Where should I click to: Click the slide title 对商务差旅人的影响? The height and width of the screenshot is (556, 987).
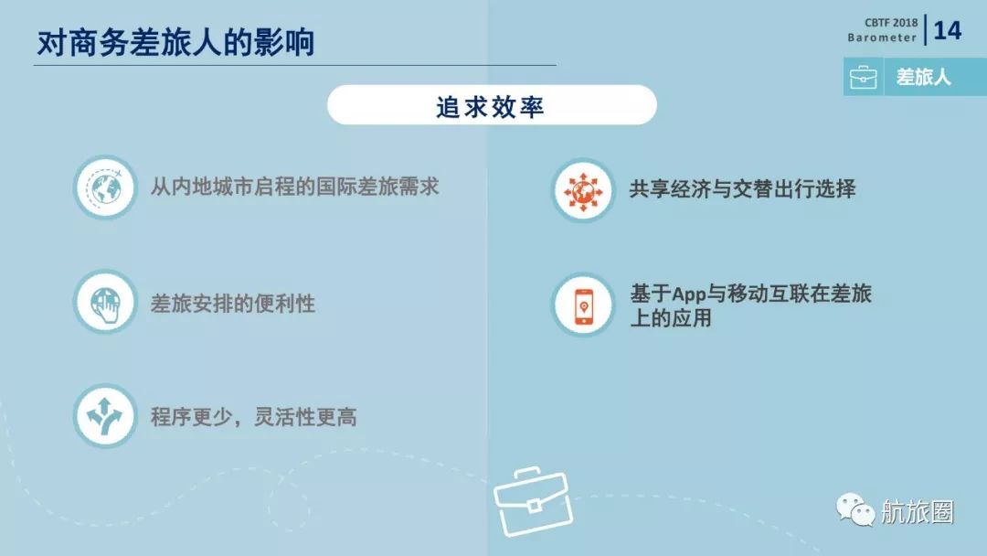click(x=175, y=43)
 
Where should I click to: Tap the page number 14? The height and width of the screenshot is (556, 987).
click(x=947, y=30)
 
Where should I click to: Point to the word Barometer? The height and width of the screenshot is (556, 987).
click(x=881, y=38)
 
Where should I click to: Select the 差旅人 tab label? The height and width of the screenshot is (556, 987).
click(x=923, y=78)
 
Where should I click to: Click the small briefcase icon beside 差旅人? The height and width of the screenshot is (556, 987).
click(x=863, y=79)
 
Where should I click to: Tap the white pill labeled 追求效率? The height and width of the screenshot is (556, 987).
click(x=492, y=105)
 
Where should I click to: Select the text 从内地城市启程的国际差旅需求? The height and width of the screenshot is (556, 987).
click(x=294, y=187)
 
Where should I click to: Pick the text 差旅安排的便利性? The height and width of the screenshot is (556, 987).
click(x=232, y=304)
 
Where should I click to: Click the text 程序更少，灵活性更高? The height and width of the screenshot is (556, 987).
click(x=253, y=417)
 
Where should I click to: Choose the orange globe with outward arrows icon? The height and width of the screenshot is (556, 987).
click(x=581, y=189)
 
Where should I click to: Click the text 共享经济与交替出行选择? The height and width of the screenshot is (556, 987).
click(x=742, y=189)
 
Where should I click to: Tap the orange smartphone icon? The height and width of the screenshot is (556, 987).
click(x=581, y=305)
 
